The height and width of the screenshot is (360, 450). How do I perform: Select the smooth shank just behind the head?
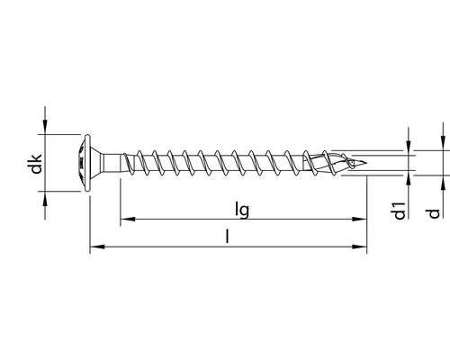click(x=112, y=165)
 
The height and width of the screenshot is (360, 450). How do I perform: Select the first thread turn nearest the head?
click(x=140, y=165)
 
